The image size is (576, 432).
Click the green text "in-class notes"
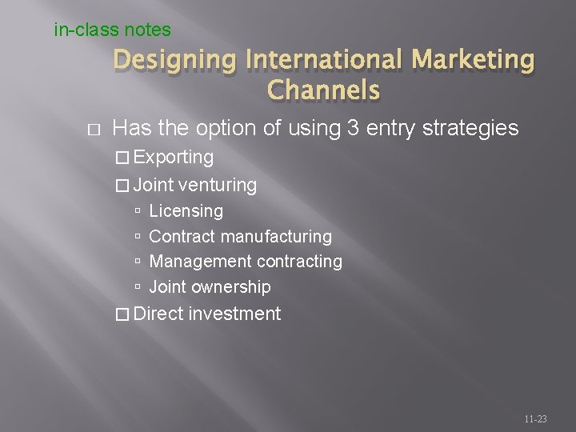click(112, 30)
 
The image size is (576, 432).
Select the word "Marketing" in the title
click(475, 59)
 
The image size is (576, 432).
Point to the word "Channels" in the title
click(324, 90)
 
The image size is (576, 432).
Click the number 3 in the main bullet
click(353, 128)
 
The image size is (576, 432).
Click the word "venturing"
click(218, 186)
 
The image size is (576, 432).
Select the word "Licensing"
click(186, 211)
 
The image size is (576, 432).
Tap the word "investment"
click(234, 314)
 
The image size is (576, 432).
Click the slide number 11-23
click(535, 418)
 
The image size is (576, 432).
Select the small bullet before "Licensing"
click(138, 212)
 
